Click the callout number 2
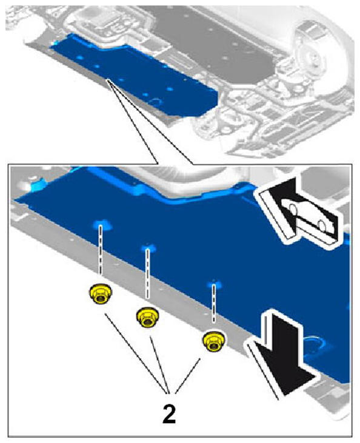click(169, 413)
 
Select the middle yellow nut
click(147, 318)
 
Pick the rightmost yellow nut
click(213, 341)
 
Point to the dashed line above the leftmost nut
click(100, 250)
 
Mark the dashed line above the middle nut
click(147, 273)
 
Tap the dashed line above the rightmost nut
click(214, 304)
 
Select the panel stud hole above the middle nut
click(148, 248)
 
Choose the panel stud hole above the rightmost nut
click(214, 284)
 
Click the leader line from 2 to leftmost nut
click(136, 353)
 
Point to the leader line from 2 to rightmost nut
click(188, 376)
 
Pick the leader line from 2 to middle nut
click(159, 364)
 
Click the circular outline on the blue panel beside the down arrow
click(314, 346)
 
